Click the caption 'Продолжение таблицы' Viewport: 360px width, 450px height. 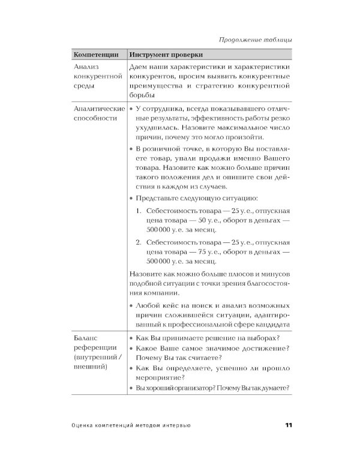255,40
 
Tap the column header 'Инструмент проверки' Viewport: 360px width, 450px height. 165,54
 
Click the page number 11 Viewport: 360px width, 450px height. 288,425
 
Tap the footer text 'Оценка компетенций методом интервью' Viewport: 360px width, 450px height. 130,425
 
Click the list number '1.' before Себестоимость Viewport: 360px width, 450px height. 138,211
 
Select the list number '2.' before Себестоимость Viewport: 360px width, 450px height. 138,242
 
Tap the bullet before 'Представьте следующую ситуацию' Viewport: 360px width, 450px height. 131,198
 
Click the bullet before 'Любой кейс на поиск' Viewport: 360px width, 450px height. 131,305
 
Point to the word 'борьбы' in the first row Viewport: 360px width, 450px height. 142,95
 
